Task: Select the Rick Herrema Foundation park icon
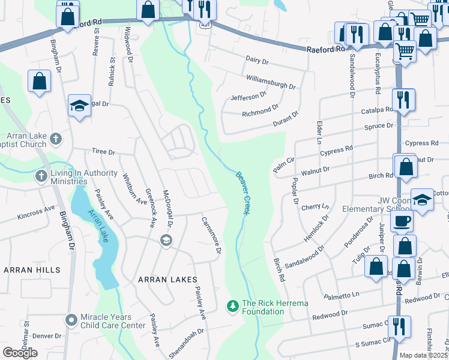coord(232,307)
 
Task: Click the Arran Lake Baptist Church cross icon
coord(56,139)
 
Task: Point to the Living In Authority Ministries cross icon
coord(41,176)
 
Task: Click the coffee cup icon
coord(402,220)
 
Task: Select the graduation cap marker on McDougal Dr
coord(166,241)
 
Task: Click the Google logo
coord(20,352)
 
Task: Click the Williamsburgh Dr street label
coord(271,81)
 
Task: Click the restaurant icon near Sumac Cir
coord(399,327)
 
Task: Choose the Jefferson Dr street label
coord(248,96)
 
